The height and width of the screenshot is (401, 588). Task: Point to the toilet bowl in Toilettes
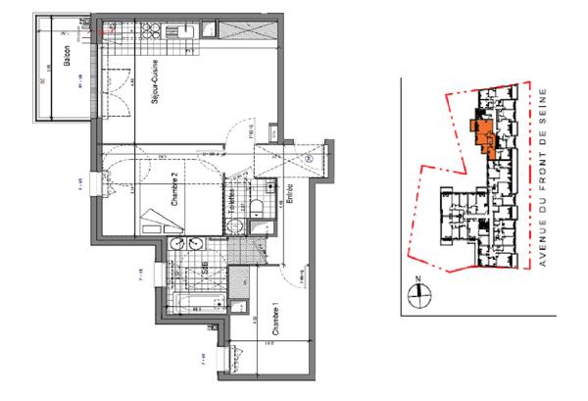254,204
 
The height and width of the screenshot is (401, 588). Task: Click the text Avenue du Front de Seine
542,182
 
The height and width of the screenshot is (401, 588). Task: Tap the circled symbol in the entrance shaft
307,157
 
